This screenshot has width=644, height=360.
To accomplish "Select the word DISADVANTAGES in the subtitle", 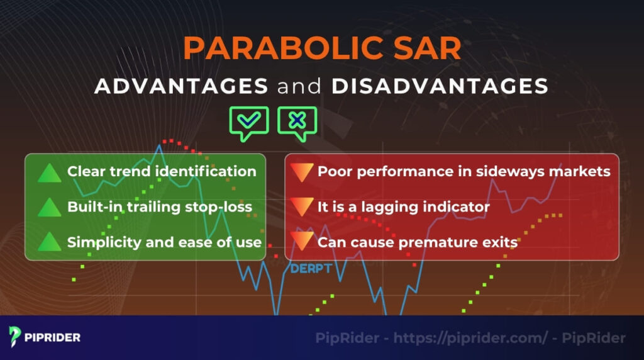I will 440,86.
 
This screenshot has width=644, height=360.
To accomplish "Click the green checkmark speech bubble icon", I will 249,122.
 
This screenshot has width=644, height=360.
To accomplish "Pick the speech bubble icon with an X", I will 297,122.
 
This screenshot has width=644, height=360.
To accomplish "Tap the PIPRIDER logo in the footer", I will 45,337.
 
